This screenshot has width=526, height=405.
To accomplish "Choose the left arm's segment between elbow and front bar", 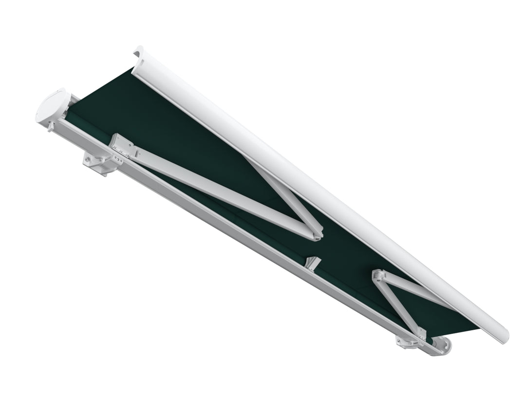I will click(287, 195).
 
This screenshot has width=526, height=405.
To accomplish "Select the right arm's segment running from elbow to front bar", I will click(419, 290).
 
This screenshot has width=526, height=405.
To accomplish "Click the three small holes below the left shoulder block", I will click(118, 160).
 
